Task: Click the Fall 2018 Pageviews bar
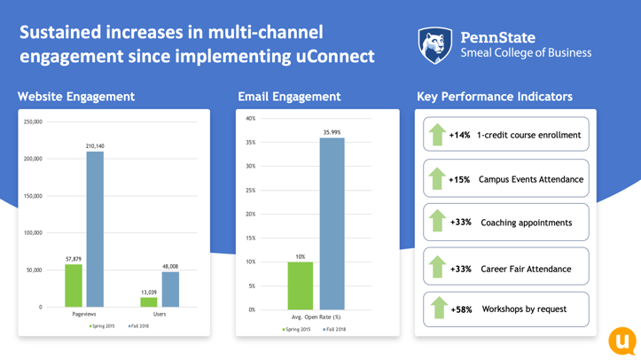[94, 230]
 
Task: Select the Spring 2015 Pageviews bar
[74, 286]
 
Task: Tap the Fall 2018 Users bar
[169, 289]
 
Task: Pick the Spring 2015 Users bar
[149, 302]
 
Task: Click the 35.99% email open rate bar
[332, 223]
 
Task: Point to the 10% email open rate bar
[301, 286]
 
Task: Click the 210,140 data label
[95, 145]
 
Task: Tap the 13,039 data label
[149, 292]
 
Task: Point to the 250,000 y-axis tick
[33, 122]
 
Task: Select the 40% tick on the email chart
[250, 118]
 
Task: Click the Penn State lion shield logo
[434, 46]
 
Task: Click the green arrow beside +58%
[437, 308]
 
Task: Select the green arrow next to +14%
[437, 135]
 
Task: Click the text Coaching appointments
[526, 223]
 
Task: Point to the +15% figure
[459, 179]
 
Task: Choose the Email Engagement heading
[288, 97]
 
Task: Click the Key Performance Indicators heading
[494, 97]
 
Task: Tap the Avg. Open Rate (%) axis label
[316, 317]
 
